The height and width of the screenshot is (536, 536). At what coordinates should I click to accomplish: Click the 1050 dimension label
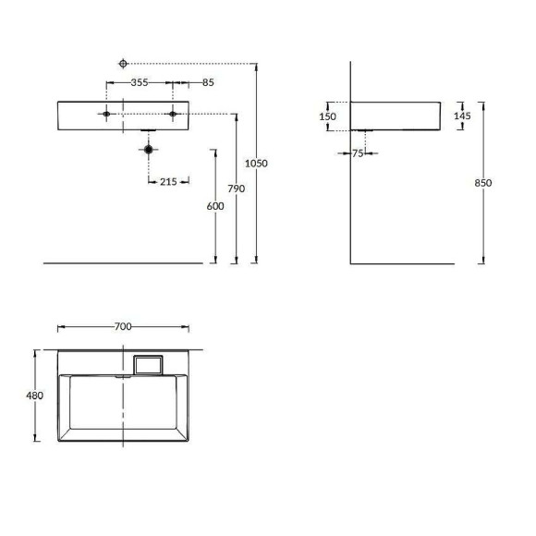(256, 163)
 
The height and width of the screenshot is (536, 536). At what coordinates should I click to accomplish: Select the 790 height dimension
(236, 189)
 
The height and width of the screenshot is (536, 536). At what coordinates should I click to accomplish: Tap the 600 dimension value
(215, 207)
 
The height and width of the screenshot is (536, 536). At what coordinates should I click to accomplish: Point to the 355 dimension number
(140, 82)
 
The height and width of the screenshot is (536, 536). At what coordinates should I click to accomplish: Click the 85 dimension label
(207, 82)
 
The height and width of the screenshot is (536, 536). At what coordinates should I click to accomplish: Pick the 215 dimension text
(168, 181)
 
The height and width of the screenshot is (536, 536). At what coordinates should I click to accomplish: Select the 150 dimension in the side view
(327, 116)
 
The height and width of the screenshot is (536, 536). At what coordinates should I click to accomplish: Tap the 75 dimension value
(358, 153)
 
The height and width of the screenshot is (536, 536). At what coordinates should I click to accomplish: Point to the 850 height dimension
(482, 182)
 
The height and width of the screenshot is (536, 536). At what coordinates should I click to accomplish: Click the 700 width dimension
(123, 326)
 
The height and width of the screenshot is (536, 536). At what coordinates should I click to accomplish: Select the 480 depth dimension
(35, 396)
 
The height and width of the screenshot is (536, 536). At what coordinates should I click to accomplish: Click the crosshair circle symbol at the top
(123, 63)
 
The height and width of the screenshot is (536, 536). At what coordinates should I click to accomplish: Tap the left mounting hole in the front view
(107, 115)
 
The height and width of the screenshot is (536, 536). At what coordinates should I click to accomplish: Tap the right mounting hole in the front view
(173, 115)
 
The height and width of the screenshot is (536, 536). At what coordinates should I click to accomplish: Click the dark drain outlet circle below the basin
(148, 148)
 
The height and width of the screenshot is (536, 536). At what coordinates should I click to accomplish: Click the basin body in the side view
(402, 115)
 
